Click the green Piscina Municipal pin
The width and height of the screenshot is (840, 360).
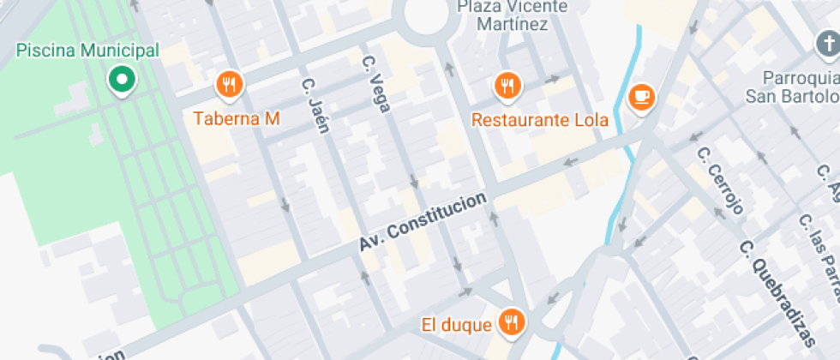122,80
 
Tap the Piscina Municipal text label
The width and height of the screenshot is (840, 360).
87,51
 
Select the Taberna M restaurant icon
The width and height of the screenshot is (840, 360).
229,84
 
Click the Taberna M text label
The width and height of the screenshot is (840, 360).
237,118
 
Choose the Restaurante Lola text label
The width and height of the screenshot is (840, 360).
539,119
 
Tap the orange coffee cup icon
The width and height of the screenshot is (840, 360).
641,96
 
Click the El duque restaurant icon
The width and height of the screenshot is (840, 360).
513,321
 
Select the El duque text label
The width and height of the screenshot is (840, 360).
457,325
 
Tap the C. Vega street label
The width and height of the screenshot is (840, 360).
376,84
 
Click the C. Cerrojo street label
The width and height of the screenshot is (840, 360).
719,180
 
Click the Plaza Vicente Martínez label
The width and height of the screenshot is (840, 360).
513,15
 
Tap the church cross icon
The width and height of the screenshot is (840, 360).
825,43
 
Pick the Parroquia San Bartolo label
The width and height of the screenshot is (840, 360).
792,85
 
